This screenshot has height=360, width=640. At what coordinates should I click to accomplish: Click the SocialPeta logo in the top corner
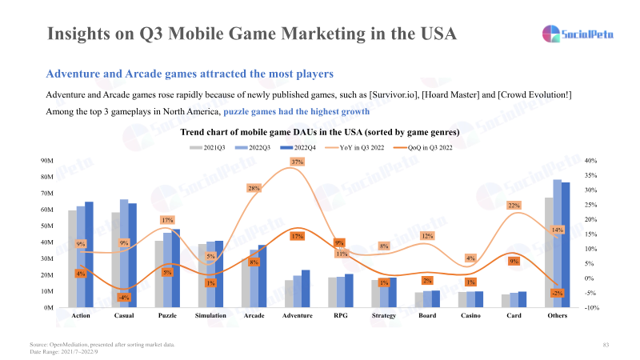coord(574,34)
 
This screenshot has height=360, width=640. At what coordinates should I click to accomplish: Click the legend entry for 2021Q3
coord(208,147)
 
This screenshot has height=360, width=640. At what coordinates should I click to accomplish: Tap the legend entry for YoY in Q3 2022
coord(358,147)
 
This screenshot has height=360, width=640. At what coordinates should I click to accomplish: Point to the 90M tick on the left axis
coord(47,161)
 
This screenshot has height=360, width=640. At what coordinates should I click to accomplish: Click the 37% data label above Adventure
coord(297,162)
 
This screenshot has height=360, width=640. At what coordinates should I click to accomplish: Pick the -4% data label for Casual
coord(124,298)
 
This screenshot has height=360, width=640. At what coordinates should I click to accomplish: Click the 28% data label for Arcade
coord(254,189)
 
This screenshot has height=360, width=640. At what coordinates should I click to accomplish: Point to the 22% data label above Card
coord(514,206)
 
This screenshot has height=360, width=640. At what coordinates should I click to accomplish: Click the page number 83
coord(606,344)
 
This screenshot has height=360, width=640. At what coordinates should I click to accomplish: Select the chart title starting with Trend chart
coord(319,131)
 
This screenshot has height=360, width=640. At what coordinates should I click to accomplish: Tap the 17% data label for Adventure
coord(297,236)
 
